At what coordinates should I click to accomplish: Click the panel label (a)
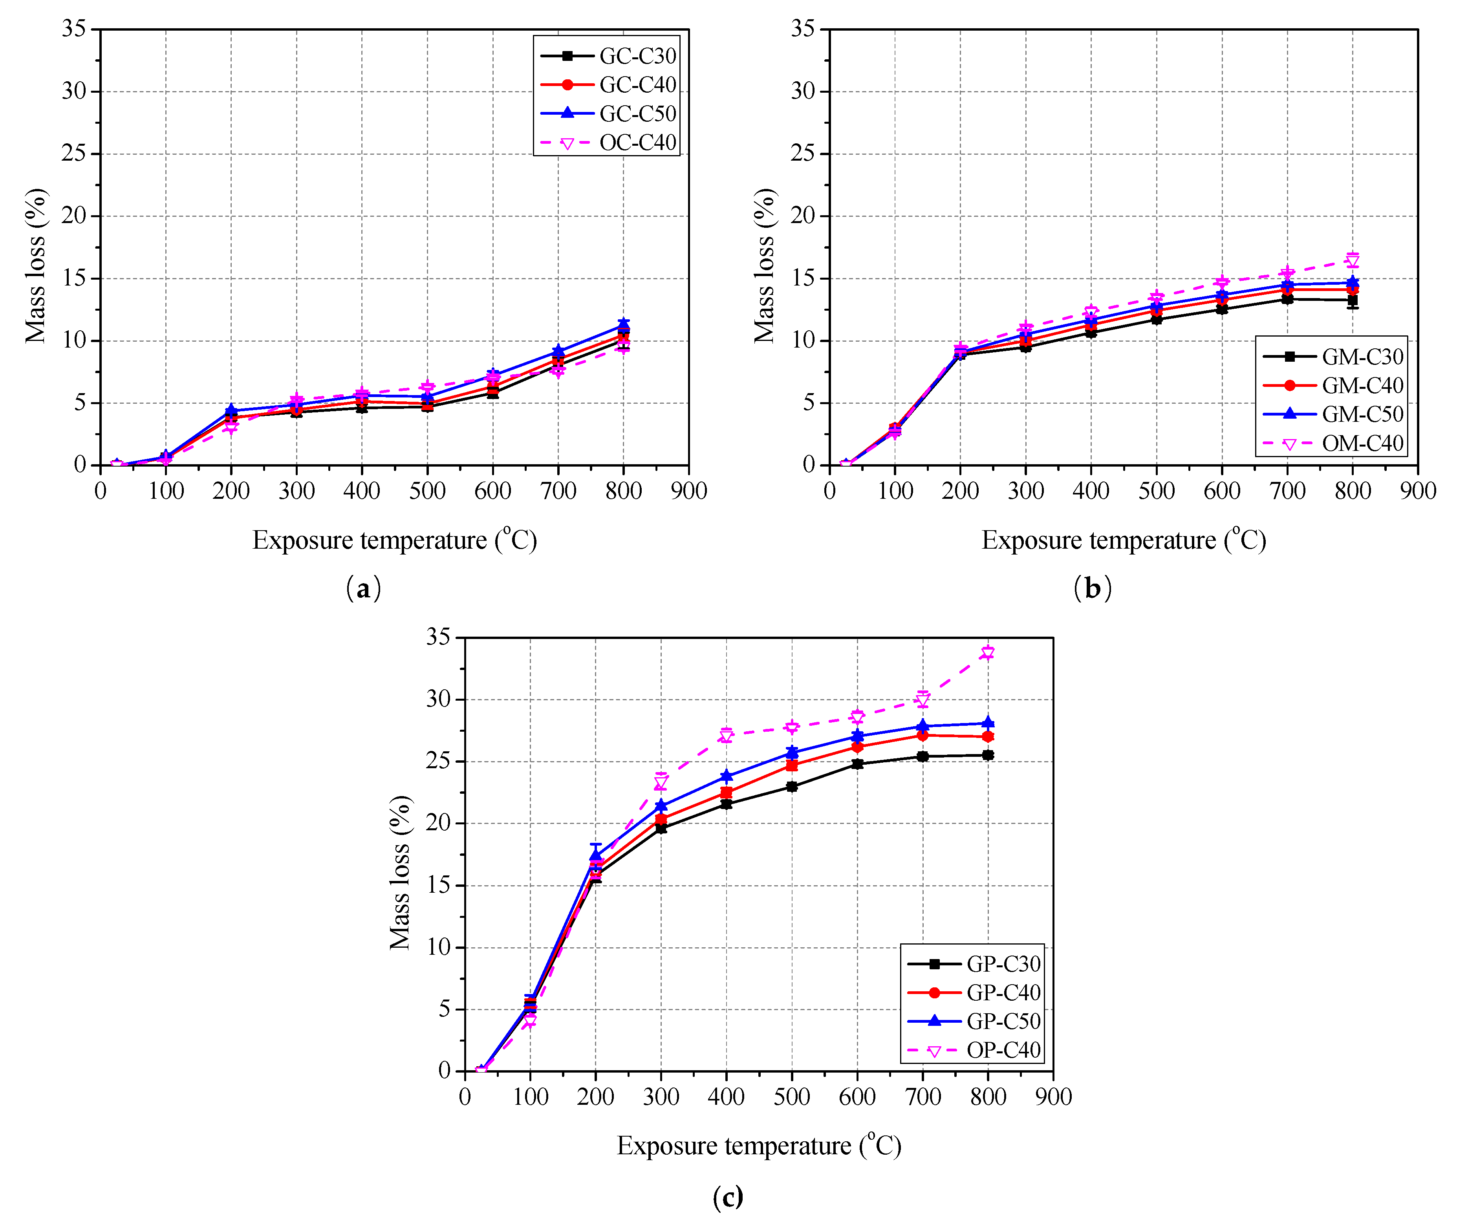[x=363, y=588]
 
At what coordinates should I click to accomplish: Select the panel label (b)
[x=1092, y=588]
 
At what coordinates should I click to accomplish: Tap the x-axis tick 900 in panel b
[x=1417, y=491]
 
